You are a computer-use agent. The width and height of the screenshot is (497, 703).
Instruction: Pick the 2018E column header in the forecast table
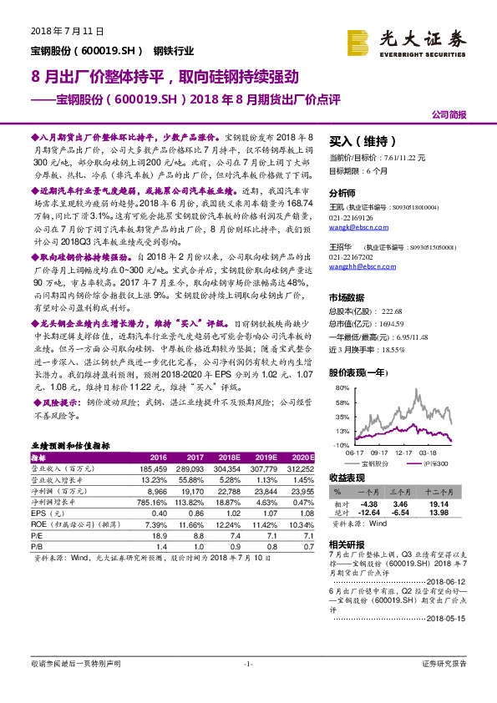click(x=230, y=458)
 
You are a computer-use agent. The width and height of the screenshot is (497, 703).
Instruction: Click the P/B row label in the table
click(x=38, y=545)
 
